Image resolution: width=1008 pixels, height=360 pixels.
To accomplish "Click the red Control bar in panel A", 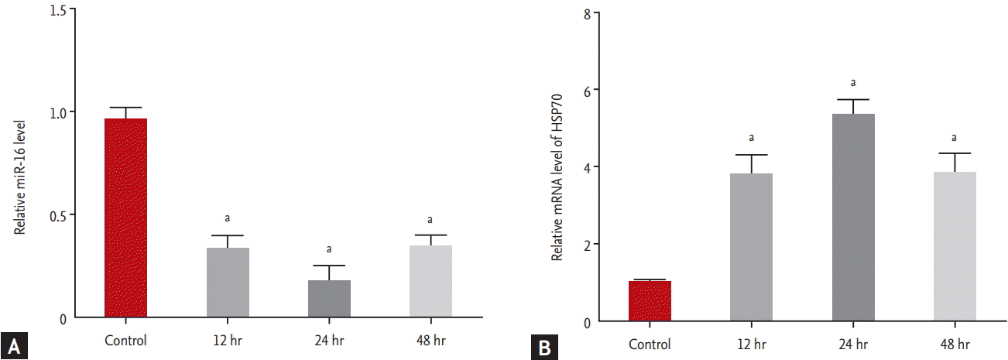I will (125, 218).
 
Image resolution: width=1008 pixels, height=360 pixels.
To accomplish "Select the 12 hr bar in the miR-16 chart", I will (228, 283).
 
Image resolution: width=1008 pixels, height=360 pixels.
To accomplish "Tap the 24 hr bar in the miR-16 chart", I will (329, 299).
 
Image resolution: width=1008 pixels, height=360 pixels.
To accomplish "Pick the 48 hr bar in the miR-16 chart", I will (430, 281).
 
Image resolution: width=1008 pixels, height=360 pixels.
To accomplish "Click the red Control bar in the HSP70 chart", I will (650, 301).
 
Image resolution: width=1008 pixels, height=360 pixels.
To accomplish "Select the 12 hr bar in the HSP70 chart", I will (751, 248).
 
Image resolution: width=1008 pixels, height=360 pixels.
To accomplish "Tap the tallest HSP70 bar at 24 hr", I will (853, 218).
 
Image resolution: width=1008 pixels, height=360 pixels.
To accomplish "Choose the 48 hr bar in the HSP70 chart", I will (955, 247).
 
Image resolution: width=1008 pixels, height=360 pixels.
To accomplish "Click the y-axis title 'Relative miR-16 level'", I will (20, 176).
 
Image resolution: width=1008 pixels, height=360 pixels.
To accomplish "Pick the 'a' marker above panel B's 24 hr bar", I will (853, 82).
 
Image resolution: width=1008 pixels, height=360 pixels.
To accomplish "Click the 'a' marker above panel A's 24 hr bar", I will (329, 249).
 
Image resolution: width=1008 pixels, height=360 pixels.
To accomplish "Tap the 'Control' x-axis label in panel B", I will (650, 343).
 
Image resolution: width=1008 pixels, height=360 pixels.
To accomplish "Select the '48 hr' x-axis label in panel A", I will (430, 340).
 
